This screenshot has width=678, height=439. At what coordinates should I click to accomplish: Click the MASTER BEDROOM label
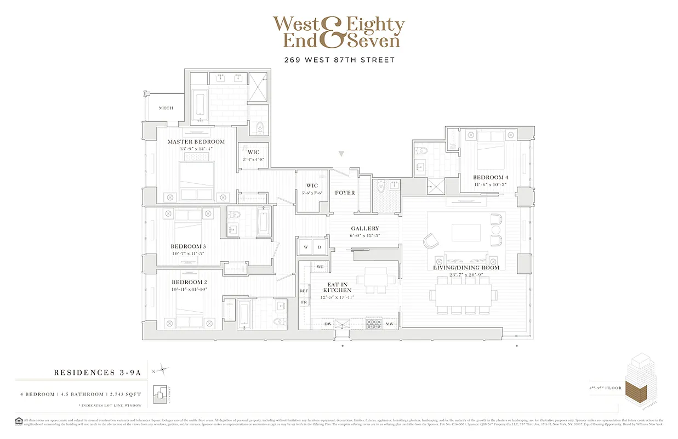[x=196, y=142]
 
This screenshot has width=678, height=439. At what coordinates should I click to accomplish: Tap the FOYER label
[x=345, y=193]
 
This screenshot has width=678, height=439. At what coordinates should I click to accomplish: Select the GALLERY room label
[x=365, y=228]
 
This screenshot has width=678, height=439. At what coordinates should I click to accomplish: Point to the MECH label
[x=166, y=108]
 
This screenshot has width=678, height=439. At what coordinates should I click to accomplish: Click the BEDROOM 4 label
[x=491, y=177]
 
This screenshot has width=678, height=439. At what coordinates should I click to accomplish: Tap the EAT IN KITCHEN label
[x=337, y=286]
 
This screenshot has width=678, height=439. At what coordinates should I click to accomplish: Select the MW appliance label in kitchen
[x=389, y=324]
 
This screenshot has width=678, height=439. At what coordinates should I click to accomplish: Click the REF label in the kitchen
[x=304, y=291]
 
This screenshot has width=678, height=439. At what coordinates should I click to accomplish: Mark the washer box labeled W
[x=306, y=247]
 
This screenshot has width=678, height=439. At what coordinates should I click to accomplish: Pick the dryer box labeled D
[x=320, y=247]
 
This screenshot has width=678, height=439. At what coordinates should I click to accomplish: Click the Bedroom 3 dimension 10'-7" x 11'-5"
[x=188, y=254]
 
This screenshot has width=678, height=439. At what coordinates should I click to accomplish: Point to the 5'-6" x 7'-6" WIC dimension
[x=312, y=193]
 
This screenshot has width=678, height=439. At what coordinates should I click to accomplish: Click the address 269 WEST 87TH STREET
[x=339, y=60]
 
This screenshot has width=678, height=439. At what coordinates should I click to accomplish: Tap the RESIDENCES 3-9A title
[x=98, y=372]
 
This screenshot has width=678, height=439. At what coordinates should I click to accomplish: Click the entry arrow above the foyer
[x=341, y=154]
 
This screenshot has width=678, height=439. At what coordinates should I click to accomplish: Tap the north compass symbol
[x=163, y=370]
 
